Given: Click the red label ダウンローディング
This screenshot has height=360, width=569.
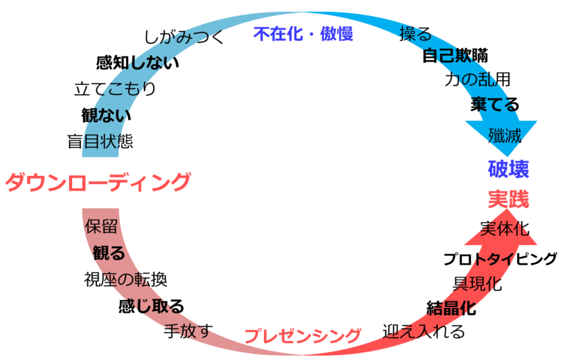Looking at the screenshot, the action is coord(98,181).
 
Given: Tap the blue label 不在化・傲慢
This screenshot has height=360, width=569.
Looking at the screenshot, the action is coord(303,34).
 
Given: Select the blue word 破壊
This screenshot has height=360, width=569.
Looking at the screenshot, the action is coord(508,169).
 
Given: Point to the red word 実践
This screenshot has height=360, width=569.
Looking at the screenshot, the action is coord(508,199).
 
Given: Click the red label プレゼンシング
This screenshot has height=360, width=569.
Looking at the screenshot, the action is coord(303,336).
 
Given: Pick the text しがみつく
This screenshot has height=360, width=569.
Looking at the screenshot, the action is coord(184,37).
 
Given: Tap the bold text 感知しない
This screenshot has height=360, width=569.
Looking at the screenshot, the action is coord(137,62).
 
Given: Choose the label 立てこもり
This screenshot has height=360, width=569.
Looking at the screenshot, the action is coord(115,89).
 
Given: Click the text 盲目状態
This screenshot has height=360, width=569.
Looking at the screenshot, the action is coord(100,142).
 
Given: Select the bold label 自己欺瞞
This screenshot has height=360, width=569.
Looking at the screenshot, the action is coord(455,56).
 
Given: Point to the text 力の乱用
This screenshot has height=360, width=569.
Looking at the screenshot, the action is coord(477,79).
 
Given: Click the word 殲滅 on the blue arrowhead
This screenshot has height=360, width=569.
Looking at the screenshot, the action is coord(504,136).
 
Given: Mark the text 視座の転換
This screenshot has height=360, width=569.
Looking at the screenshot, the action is coord(125,279).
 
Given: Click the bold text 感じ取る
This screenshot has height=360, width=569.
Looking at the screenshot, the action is coord(151,306).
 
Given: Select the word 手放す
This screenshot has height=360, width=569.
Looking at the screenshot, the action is coord(188,331).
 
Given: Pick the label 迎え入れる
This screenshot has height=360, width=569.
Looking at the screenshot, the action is coord(423,331).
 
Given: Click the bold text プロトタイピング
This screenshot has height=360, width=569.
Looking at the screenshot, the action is coord(500,259).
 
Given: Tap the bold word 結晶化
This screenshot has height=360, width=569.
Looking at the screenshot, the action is coord(451,308).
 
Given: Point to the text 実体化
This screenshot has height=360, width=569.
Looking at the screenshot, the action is coord(504,228).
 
